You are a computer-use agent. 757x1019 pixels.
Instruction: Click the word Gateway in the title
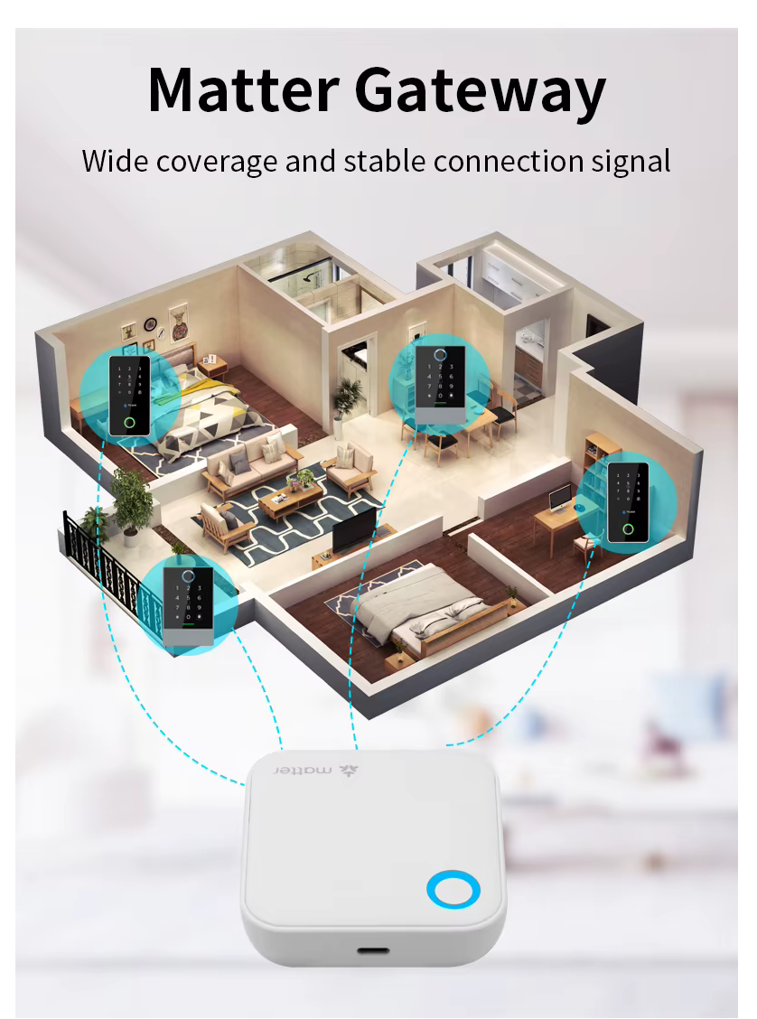pos(481,94)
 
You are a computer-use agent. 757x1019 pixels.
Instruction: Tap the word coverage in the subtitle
pos(217,162)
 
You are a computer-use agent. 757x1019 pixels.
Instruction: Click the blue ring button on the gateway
pos(453,889)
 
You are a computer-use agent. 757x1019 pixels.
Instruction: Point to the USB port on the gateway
pos(373,949)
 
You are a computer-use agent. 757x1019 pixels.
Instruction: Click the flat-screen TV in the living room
pos(354,529)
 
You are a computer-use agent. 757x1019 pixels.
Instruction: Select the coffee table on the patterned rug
pos(291,501)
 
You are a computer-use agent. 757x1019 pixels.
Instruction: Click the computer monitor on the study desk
pos(559,499)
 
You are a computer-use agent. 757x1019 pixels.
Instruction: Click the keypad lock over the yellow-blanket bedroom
pos(129,395)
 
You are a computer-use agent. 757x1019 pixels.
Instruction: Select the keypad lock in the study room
pos(628,503)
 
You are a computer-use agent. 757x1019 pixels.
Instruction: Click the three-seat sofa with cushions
pos(251,463)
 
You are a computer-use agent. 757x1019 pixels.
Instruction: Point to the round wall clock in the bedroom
pos(150,323)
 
